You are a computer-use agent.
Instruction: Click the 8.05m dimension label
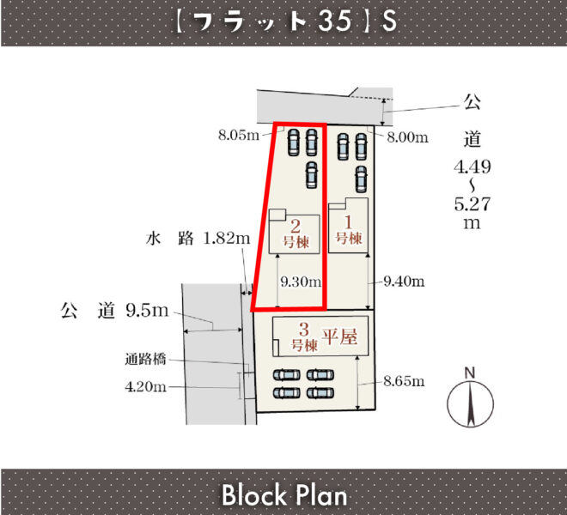[239, 135]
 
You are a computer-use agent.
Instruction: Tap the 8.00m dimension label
[407, 137]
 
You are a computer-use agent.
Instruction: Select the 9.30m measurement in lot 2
[301, 282]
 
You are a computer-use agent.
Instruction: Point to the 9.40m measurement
[405, 282]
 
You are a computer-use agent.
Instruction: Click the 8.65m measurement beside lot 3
[405, 381]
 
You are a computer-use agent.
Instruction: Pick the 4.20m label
[146, 387]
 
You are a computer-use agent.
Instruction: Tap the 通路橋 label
[146, 359]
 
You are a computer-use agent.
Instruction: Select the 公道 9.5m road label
[114, 311]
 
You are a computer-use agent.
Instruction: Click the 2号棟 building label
[296, 234]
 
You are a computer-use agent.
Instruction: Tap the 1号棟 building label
[349, 230]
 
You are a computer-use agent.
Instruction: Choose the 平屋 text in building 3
[340, 336]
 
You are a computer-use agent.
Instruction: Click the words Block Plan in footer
[284, 494]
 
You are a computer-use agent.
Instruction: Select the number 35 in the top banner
[335, 21]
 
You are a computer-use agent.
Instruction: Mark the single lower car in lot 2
[311, 175]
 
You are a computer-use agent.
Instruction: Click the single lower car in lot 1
[361, 179]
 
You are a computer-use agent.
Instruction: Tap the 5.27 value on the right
[472, 204]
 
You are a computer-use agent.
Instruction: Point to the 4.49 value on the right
[472, 167]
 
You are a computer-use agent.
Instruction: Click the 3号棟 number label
[304, 336]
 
